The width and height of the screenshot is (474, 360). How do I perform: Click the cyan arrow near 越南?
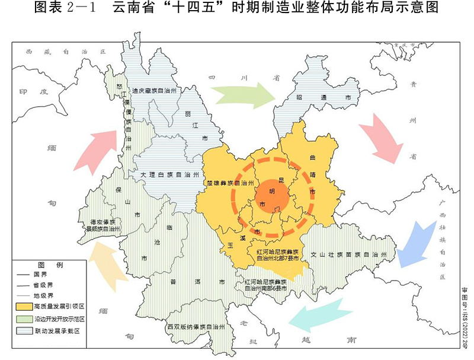(319, 314)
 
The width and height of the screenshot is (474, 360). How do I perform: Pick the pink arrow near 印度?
(97, 149)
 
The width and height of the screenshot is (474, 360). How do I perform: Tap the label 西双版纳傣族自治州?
(195, 327)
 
